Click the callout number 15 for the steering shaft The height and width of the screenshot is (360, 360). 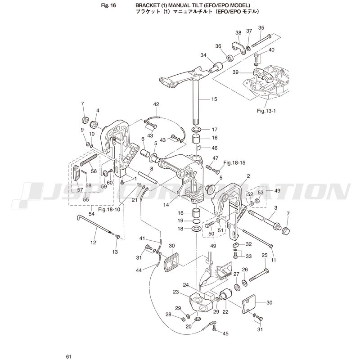coord(214,99)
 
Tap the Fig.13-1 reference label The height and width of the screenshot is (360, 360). coord(266,111)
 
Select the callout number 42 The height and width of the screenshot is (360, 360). coord(156,104)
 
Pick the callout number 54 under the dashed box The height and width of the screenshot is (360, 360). coord(91,214)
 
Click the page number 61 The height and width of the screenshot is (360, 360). coord(68,356)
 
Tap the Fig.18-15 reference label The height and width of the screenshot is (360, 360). coord(234,163)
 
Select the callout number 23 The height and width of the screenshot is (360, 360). coord(175,292)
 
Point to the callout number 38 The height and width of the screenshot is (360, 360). coord(238,33)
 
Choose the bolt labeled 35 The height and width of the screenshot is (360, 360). coord(262,40)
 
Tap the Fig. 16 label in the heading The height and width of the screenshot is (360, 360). coord(108,5)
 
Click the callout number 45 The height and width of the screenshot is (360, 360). coord(225,333)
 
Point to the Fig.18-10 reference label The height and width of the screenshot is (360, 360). coord(109,210)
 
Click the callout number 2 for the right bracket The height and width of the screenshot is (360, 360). coord(248,176)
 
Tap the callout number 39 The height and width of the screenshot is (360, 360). coord(235,72)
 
